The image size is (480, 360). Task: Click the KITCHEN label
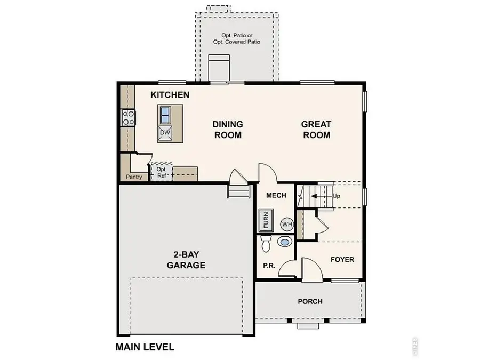pyautogui.click(x=170, y=95)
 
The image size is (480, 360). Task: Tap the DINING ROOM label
pyautogui.click(x=228, y=130)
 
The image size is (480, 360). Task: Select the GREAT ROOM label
pyautogui.click(x=316, y=130)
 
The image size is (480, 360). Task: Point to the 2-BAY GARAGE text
pyautogui.click(x=186, y=259)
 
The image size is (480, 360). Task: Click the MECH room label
pyautogui.click(x=276, y=196)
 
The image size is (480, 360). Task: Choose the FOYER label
pyautogui.click(x=342, y=260)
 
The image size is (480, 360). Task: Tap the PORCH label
pyautogui.click(x=310, y=301)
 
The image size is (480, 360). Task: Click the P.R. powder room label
pyautogui.click(x=268, y=266)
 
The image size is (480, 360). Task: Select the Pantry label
pyautogui.click(x=134, y=177)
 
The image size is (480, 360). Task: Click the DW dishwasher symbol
pyautogui.click(x=165, y=132)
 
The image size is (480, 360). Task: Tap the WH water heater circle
pyautogui.click(x=287, y=224)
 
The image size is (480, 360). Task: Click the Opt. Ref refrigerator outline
pyautogui.click(x=162, y=172)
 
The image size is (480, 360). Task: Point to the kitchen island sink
pyautogui.click(x=165, y=114)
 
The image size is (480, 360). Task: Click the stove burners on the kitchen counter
pyautogui.click(x=129, y=117)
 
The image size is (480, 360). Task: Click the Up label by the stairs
pyautogui.click(x=336, y=196)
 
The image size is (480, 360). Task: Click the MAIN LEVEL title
pyautogui.click(x=145, y=347)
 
